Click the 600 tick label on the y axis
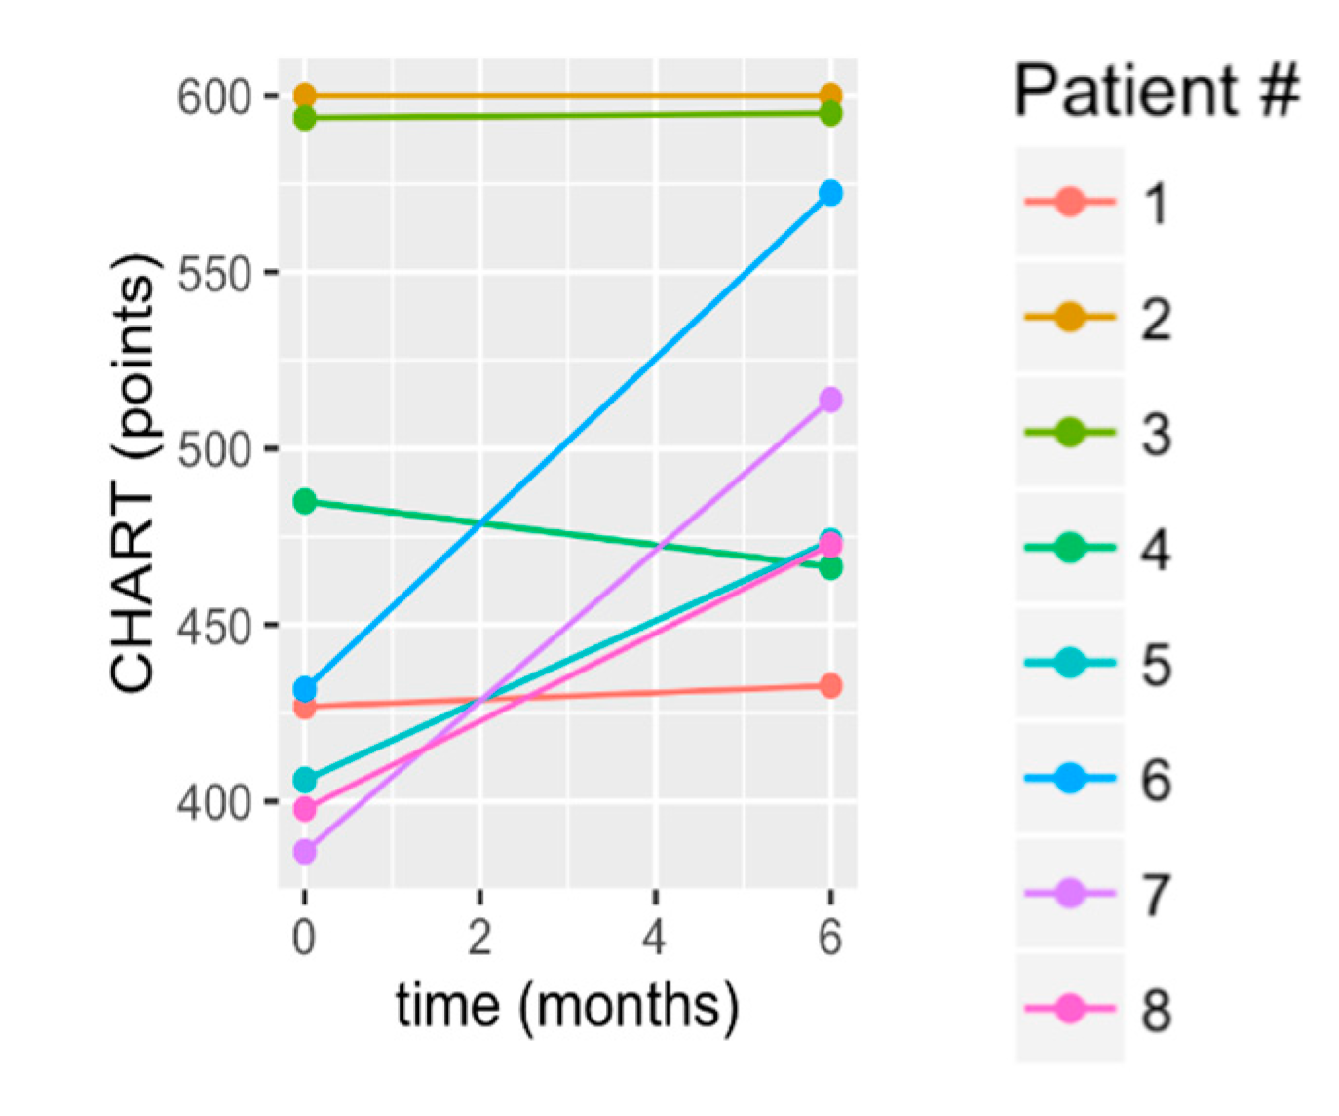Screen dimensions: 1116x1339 (x=212, y=97)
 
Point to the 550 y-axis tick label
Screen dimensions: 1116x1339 (x=212, y=274)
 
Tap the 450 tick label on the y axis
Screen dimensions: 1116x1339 (x=212, y=627)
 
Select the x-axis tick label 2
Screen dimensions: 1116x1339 (x=479, y=938)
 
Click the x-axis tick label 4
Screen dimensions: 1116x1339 (x=654, y=938)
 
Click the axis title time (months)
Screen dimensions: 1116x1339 (x=566, y=1006)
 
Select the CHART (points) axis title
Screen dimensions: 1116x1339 (x=133, y=474)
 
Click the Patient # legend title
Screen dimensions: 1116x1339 (x=1157, y=91)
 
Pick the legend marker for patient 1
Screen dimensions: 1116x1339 (x=1070, y=203)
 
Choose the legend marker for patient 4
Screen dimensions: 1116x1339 (x=1070, y=548)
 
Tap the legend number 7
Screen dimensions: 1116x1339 (x=1156, y=894)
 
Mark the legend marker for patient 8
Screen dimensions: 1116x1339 (x=1070, y=1008)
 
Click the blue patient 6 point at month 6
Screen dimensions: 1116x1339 (x=830, y=193)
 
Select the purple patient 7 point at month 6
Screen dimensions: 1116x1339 (x=830, y=401)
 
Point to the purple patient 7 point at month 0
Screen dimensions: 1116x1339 (x=305, y=852)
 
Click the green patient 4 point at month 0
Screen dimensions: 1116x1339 (x=305, y=502)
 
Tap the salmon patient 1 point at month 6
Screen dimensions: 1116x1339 (x=830, y=686)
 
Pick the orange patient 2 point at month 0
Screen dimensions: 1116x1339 (x=305, y=96)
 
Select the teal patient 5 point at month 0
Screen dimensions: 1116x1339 (x=305, y=780)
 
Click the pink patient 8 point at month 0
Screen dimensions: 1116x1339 (x=305, y=809)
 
